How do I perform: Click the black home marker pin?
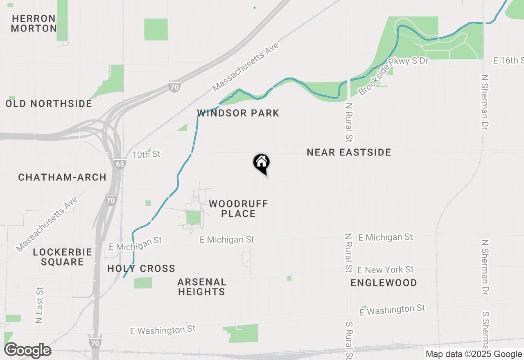(x=261, y=163)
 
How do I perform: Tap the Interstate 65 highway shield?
(x=120, y=164)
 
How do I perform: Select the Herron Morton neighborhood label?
(x=34, y=23)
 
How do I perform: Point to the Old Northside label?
(x=49, y=103)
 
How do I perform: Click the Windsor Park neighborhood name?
(x=238, y=113)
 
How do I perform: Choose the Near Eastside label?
(x=349, y=153)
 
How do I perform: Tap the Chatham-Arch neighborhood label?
(x=62, y=177)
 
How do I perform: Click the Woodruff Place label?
(x=238, y=209)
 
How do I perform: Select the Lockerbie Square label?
(x=62, y=257)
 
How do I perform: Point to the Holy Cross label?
(x=141, y=269)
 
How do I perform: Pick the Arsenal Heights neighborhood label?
(x=202, y=287)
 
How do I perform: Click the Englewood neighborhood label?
(x=384, y=283)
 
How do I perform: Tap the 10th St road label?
(x=146, y=154)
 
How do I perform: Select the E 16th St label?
(x=508, y=61)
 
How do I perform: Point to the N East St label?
(x=39, y=305)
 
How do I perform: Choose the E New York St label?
(x=385, y=270)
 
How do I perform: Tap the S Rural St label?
(x=349, y=339)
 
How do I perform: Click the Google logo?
(x=27, y=350)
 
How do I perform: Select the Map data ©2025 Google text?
(x=474, y=354)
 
